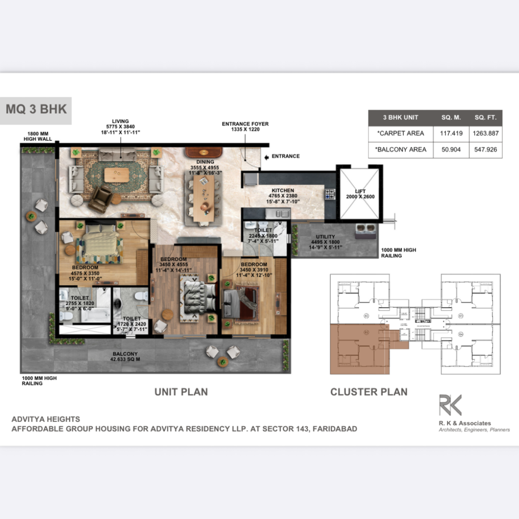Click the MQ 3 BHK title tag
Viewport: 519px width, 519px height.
pyautogui.click(x=36, y=109)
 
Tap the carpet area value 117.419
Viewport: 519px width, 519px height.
pyautogui.click(x=451, y=133)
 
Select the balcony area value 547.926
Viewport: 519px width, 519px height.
pyautogui.click(x=485, y=150)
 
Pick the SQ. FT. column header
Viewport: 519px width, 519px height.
pyautogui.click(x=485, y=117)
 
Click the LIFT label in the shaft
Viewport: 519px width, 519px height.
pyautogui.click(x=360, y=191)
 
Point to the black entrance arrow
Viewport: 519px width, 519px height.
pyautogui.click(x=267, y=157)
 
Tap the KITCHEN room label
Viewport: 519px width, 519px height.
pyautogui.click(x=283, y=190)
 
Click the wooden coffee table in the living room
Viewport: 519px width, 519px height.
pyautogui.click(x=116, y=175)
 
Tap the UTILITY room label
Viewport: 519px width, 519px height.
pyautogui.click(x=325, y=237)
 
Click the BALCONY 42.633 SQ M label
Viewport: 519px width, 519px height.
pyautogui.click(x=125, y=356)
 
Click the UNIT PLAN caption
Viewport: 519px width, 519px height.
pyautogui.click(x=181, y=392)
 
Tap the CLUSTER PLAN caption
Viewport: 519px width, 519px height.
pyautogui.click(x=368, y=392)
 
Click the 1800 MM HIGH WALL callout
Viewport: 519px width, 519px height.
pyautogui.click(x=38, y=137)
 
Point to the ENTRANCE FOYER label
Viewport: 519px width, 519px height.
pyautogui.click(x=245, y=126)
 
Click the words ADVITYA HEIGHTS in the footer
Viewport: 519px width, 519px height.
pyautogui.click(x=46, y=419)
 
